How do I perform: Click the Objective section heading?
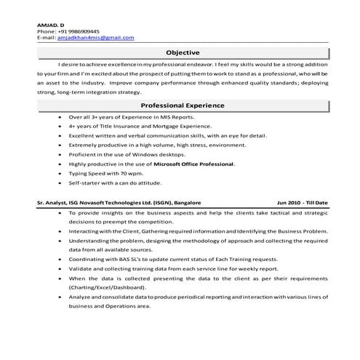coord(183,52)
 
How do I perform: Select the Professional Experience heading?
coord(183,105)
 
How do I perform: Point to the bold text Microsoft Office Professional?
coord(193,166)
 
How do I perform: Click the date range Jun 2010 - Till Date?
coord(303,201)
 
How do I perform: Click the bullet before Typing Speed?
coord(59,175)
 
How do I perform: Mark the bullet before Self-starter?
coord(59,185)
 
